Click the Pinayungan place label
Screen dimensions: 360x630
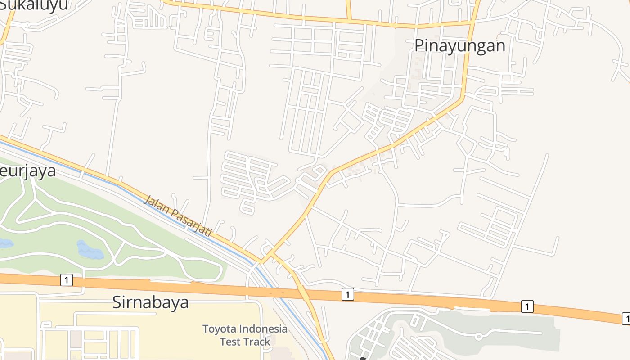pos(459,46)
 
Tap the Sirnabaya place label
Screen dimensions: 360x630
pos(150,302)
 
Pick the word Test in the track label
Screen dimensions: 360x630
pos(230,342)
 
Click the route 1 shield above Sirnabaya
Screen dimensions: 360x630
pos(66,280)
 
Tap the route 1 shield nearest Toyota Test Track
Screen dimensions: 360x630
pos(347,295)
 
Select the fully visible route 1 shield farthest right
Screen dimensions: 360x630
pos(527,306)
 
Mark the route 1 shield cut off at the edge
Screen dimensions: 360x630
pos(626,318)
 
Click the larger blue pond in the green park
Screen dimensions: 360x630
pos(90,249)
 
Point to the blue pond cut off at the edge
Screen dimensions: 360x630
pos(5,243)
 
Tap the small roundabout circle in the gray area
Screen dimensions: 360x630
pos(479,336)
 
